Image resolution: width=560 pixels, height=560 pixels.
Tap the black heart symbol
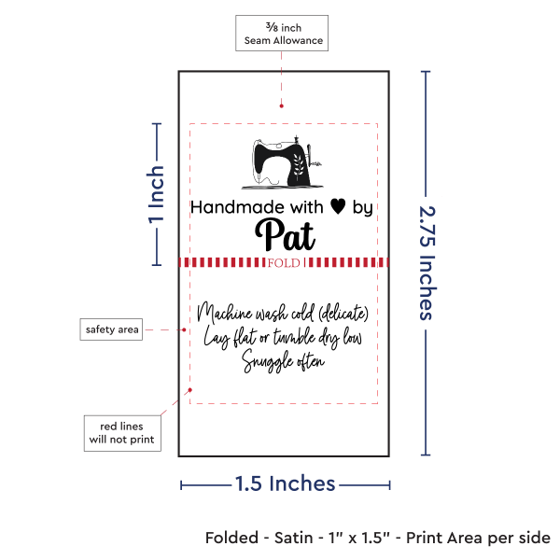click(x=337, y=207)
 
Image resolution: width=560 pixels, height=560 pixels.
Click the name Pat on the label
click(x=284, y=232)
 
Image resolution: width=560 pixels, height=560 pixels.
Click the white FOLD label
click(x=283, y=263)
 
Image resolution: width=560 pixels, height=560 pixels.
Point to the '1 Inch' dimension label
click(x=157, y=195)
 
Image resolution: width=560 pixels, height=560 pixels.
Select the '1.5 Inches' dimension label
click(x=285, y=483)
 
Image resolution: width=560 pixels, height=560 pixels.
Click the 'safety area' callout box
click(x=112, y=329)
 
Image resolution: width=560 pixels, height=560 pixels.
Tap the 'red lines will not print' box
click(x=120, y=431)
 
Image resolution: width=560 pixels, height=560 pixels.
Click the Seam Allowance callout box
click(x=282, y=34)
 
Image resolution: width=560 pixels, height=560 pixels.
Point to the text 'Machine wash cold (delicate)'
click(x=284, y=312)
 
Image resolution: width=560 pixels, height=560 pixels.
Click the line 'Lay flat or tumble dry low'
click(x=284, y=336)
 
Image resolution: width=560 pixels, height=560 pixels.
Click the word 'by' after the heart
click(x=362, y=209)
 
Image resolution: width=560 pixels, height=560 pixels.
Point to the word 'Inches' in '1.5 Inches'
click(x=302, y=483)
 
